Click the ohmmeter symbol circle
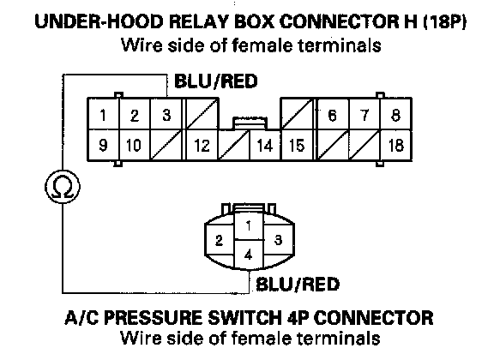point(63,187)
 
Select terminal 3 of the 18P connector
point(166,114)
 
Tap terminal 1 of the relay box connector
point(103,114)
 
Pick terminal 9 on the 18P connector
point(103,145)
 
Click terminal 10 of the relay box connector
point(134,145)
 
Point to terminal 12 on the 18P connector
point(202,145)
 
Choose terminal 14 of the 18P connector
point(265,145)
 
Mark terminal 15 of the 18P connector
point(297,145)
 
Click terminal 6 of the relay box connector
point(333,114)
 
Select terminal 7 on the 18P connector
point(364,114)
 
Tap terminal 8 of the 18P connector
point(395,114)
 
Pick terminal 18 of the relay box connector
point(395,145)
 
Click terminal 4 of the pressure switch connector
point(249,255)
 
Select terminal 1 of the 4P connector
point(249,225)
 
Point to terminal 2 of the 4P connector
point(220,240)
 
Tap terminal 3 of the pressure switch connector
point(278,240)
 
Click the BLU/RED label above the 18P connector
point(216,81)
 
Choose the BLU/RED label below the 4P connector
point(298,284)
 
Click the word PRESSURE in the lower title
point(154,318)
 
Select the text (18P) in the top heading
point(444,21)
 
